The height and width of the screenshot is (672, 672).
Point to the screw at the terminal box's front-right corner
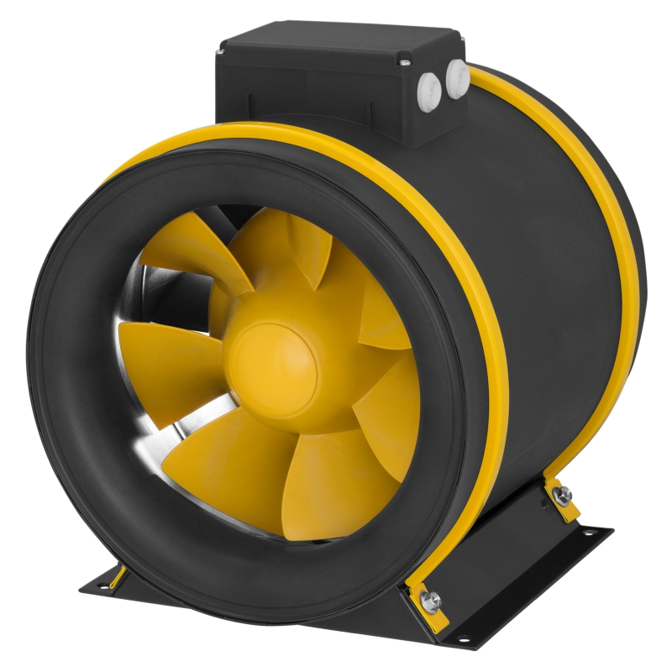click(405, 62)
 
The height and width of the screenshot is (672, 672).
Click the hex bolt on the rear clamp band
click(564, 496)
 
